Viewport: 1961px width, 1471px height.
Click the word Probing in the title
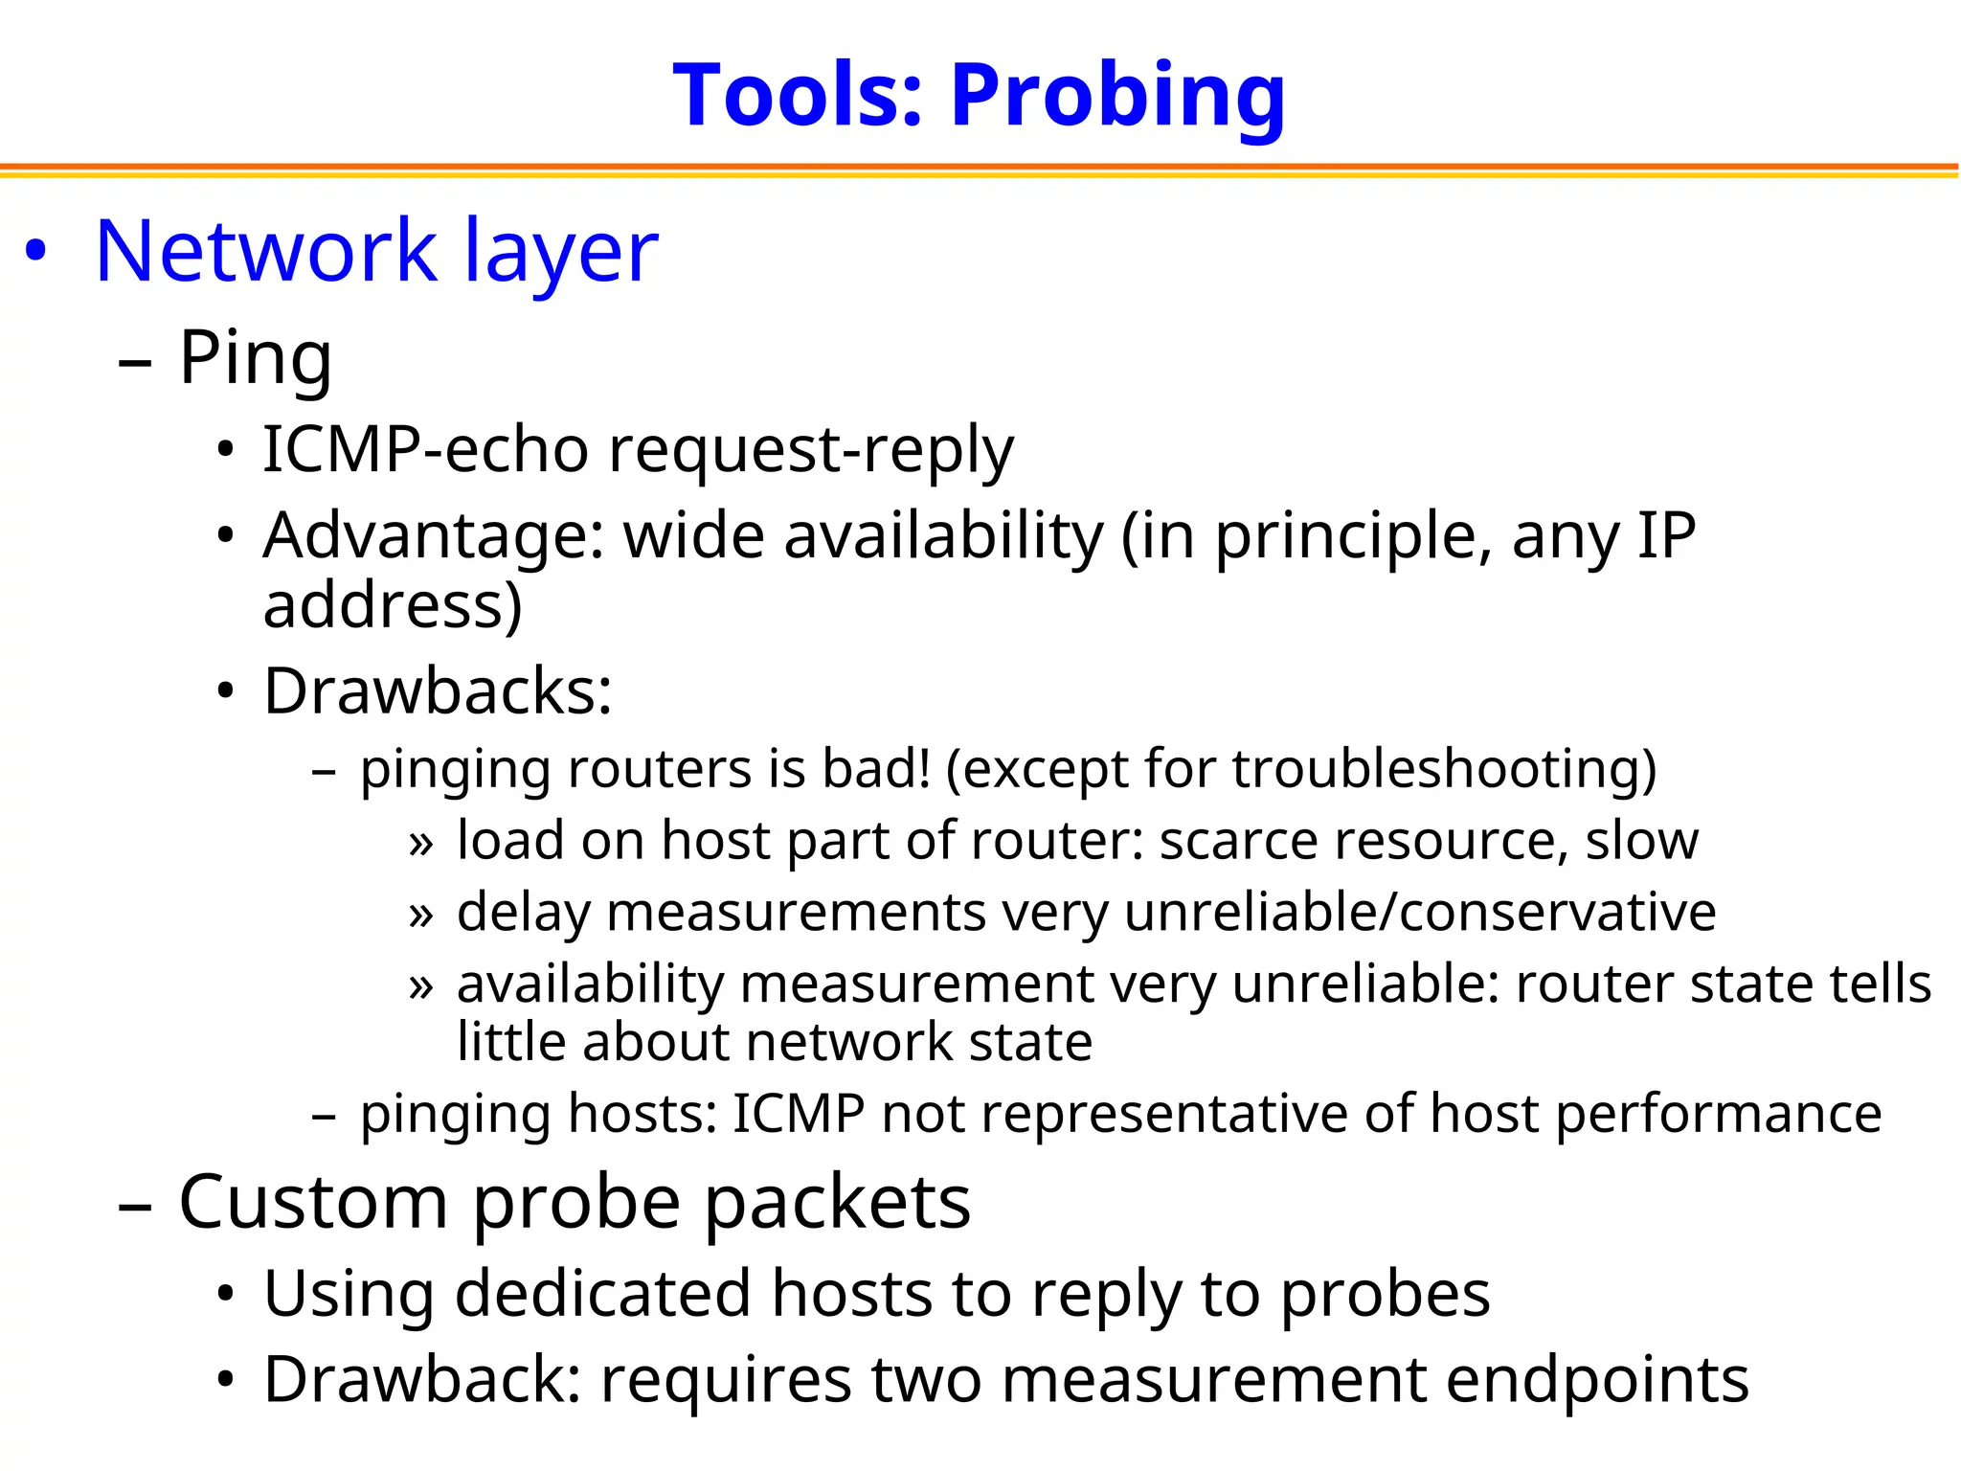[x=1117, y=97]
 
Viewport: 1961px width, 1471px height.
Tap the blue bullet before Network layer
[x=35, y=251]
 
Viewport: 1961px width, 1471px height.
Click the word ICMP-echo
[x=424, y=449]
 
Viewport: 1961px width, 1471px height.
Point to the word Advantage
[x=433, y=535]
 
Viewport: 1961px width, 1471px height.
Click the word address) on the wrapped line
[x=393, y=605]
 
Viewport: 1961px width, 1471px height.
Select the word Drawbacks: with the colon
[x=438, y=690]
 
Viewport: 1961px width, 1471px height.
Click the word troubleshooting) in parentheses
[x=1444, y=769]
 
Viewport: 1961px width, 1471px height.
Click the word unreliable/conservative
[x=1420, y=912]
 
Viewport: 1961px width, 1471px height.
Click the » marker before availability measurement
[x=420, y=986]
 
